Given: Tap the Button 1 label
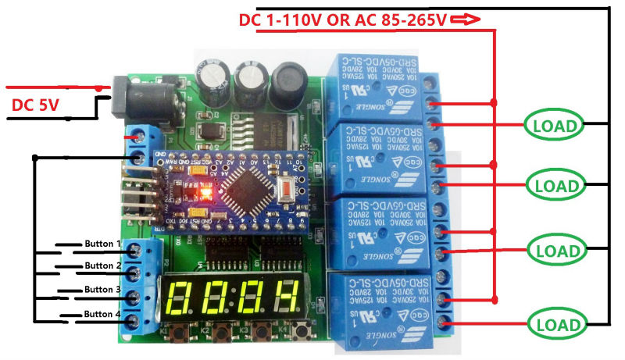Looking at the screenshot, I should tap(102, 244).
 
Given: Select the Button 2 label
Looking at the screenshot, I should tap(102, 266).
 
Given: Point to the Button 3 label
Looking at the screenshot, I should tap(102, 290).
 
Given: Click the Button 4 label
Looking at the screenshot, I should tap(102, 314).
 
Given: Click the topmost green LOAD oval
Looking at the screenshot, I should tap(553, 125).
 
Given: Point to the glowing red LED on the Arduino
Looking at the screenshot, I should tap(207, 190).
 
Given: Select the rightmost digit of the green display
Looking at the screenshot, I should tap(286, 297).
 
